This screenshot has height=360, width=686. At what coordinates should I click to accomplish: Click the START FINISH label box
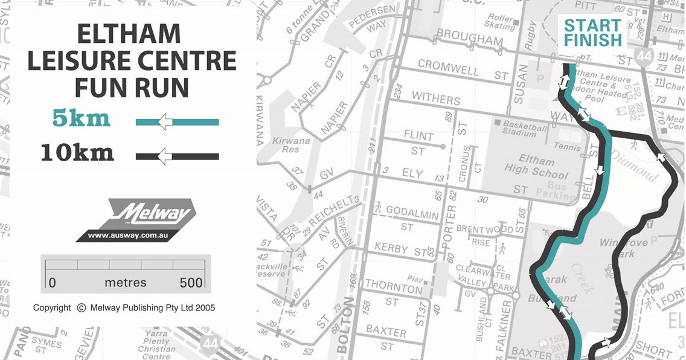(x=592, y=33)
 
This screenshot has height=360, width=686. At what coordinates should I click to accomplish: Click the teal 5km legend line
(x=177, y=122)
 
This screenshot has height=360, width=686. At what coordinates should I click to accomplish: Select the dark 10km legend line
(x=177, y=156)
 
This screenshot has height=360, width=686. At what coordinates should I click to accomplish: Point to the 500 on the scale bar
(x=191, y=282)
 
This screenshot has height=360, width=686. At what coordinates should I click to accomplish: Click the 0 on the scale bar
(x=52, y=282)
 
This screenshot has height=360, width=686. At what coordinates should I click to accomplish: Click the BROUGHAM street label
(x=470, y=37)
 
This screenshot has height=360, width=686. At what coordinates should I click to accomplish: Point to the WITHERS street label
(x=436, y=97)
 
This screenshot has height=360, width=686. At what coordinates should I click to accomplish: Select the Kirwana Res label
(x=290, y=145)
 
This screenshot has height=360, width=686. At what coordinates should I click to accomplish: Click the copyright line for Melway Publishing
(x=124, y=307)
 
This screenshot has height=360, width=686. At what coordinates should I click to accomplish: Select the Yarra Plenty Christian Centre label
(x=156, y=344)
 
